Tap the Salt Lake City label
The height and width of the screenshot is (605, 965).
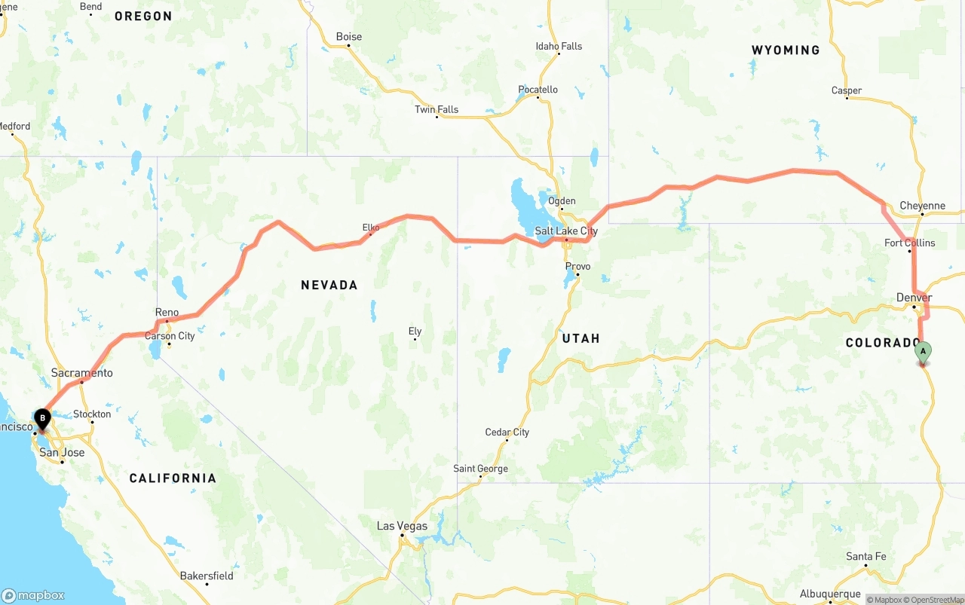(566, 231)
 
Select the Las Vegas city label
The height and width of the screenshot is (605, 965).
(402, 526)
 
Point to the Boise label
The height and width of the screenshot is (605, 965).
(349, 36)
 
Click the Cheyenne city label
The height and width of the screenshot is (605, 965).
(922, 206)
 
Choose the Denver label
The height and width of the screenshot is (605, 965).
(914, 298)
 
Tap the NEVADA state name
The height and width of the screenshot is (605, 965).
(329, 285)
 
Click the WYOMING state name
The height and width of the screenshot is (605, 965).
(786, 50)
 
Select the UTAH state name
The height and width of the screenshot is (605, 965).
(581, 338)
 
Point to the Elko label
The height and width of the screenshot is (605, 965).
(371, 227)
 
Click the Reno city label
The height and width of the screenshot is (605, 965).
(167, 312)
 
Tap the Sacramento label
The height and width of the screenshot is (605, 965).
(82, 373)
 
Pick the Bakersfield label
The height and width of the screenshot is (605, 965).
(207, 576)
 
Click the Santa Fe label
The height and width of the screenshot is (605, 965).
(865, 556)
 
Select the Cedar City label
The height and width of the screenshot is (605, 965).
(507, 432)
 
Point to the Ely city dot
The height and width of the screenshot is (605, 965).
(415, 340)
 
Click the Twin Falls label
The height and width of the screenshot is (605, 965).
(437, 109)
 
